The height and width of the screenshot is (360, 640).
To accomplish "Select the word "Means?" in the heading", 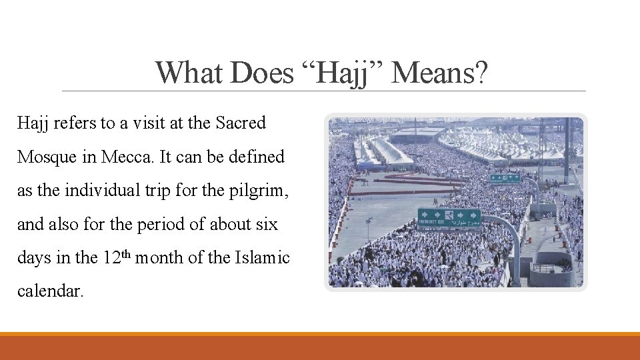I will click(441, 73).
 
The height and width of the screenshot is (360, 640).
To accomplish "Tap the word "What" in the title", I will click(189, 73).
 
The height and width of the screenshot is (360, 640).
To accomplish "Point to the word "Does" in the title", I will click(261, 73).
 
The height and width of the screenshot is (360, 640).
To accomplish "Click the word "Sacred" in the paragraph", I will click(241, 123).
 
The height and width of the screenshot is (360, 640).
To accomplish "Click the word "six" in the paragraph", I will click(267, 225).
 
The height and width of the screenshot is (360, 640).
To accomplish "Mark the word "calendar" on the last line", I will click(49, 292).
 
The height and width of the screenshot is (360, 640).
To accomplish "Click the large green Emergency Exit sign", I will click(449, 217).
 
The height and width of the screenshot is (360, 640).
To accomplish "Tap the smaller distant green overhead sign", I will click(505, 178).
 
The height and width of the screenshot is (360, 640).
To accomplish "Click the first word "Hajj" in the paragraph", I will click(32, 123).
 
